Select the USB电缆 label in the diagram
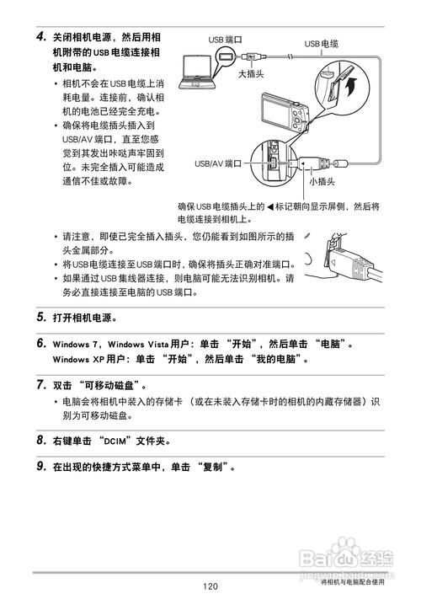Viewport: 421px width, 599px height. tap(321, 43)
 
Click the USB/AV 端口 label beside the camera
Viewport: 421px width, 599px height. tap(218, 163)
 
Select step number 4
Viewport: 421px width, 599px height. tap(40, 38)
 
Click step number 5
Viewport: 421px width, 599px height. tap(40, 318)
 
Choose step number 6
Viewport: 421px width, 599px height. tap(40, 344)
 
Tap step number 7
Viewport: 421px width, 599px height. tap(40, 384)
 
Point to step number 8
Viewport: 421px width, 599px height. tap(40, 440)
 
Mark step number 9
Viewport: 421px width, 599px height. tap(40, 466)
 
